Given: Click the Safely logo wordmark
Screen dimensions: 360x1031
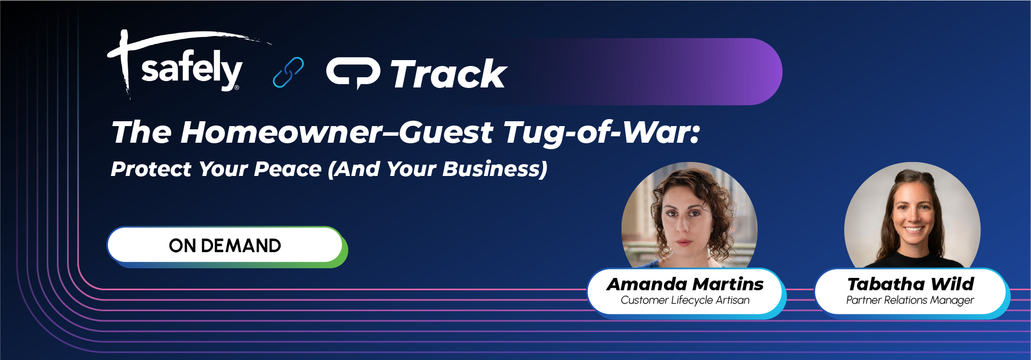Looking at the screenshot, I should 191,69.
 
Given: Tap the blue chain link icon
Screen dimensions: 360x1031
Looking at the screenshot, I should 288,72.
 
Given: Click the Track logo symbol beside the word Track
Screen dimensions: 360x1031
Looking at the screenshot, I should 353,73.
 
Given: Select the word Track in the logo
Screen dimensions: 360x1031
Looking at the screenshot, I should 449,74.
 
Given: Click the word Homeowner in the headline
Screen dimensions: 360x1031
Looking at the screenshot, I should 281,133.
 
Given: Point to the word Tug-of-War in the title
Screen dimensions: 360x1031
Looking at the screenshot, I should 602,133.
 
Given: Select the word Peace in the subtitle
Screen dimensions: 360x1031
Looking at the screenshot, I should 288,169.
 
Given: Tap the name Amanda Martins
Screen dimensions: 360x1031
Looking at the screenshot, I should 685,284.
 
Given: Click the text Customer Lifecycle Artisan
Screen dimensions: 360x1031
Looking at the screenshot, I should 685,300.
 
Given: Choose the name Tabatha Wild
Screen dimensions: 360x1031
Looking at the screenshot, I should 910,284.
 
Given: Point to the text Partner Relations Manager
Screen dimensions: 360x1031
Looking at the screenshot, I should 910,300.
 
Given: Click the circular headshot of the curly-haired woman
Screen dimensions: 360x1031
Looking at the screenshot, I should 689,217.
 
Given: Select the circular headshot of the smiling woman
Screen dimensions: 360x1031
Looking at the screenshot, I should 912,217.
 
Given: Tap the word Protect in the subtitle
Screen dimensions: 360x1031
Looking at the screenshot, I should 151,169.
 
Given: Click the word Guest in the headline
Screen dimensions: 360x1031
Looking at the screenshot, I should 445,133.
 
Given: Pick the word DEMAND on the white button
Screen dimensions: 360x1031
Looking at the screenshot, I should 240,246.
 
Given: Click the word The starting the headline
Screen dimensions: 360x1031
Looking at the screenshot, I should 141,133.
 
